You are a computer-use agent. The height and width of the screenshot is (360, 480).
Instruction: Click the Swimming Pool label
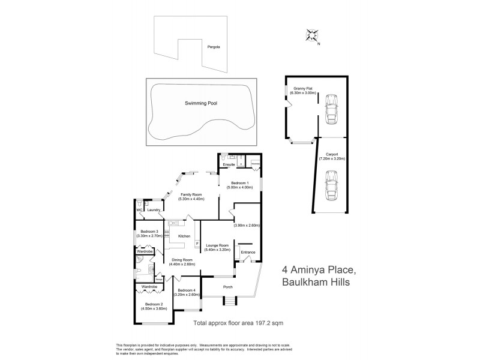(201, 103)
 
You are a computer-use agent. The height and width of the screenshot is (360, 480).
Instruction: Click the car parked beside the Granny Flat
(331, 109)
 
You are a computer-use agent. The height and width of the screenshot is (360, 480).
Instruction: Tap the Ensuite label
(229, 164)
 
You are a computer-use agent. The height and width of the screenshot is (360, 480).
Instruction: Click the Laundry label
(153, 210)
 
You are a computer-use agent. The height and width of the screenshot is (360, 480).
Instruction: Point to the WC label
(138, 210)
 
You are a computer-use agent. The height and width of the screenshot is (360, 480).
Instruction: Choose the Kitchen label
(184, 236)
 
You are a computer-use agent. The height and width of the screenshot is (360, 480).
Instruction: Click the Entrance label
(248, 252)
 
